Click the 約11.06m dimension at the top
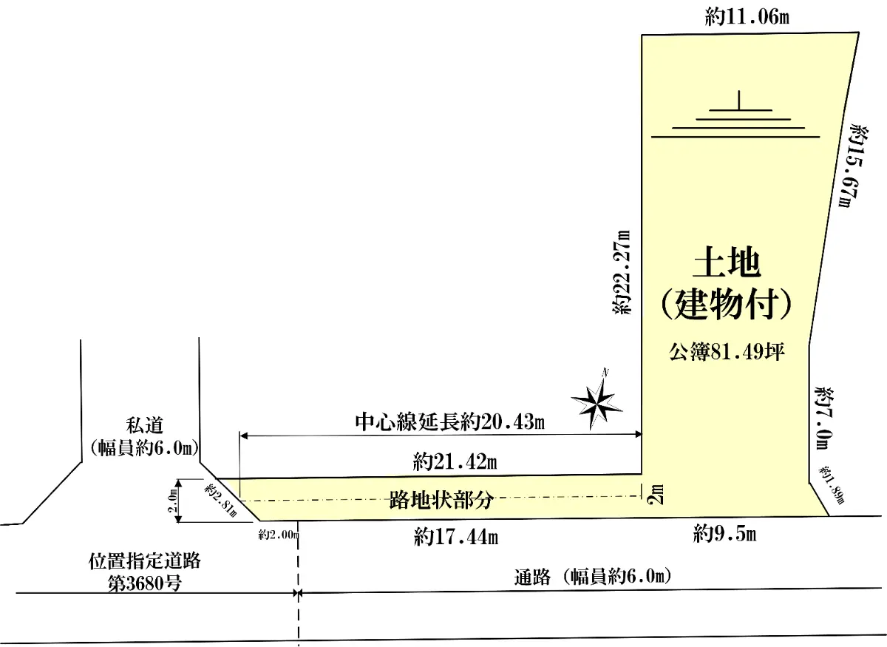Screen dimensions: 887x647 747,18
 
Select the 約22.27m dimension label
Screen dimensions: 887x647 622,272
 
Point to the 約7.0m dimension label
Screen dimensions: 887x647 825,418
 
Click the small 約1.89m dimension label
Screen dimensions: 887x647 832,485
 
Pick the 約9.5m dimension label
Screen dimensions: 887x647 724,534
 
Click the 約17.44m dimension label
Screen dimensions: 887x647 456,538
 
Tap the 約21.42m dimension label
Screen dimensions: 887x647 455,462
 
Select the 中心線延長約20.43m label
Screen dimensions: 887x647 450,422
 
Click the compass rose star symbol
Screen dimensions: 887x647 596,404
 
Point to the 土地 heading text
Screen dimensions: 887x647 726,262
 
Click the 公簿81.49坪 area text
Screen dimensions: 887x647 727,352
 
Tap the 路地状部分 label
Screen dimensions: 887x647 441,500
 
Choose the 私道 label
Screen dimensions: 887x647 145,425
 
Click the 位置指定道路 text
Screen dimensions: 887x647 144,561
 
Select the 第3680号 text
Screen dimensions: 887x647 145,583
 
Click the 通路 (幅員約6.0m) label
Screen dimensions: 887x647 592,577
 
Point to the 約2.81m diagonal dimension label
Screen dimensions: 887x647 220,501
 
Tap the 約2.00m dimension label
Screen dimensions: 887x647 279,535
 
